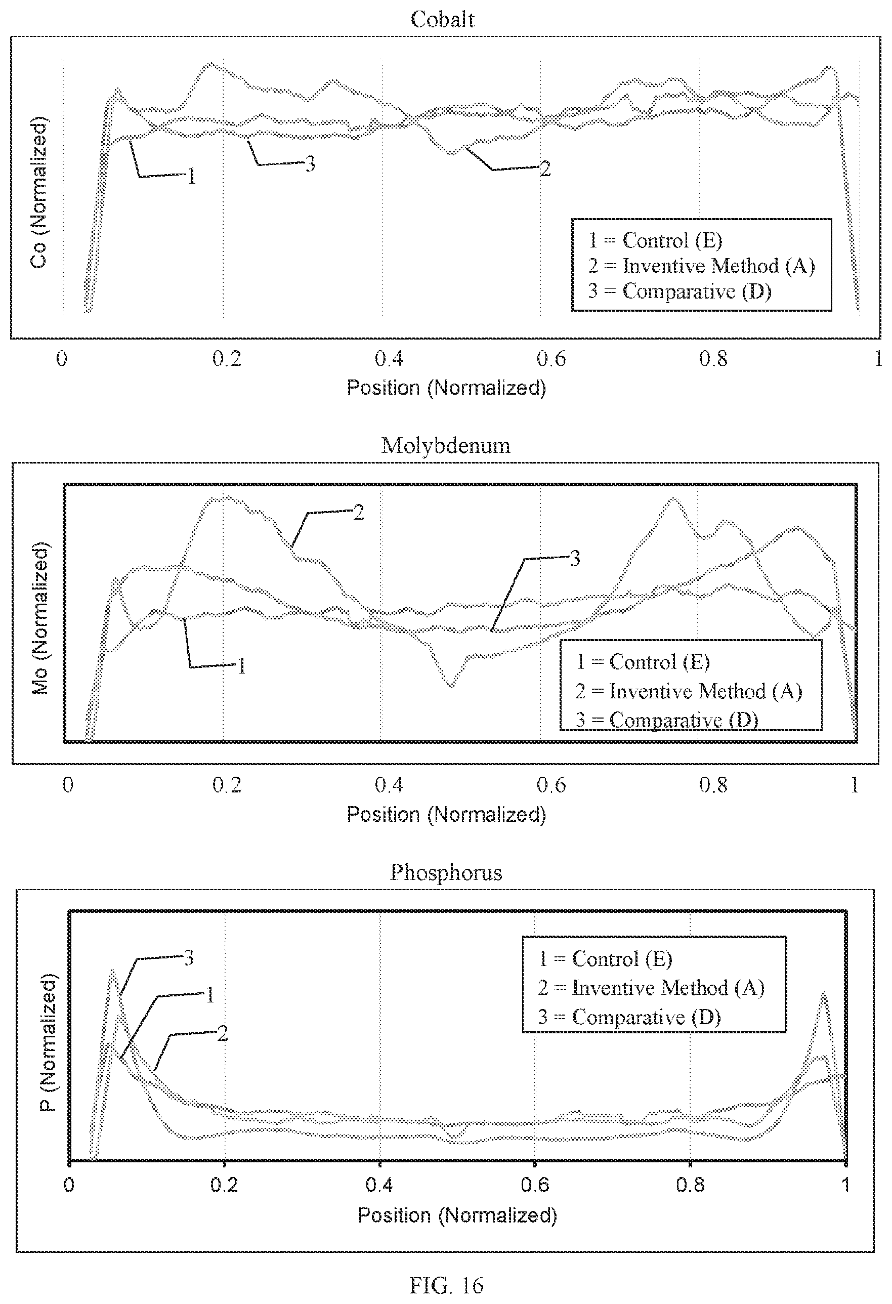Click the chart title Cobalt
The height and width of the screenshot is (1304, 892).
point(443,20)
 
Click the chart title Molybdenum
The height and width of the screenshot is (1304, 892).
point(446,445)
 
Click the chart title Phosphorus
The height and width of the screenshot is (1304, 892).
point(446,872)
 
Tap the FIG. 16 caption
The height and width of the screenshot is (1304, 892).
point(447,1284)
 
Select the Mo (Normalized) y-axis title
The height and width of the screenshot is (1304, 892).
point(40,618)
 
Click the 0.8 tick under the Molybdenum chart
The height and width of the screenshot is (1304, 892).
point(713,785)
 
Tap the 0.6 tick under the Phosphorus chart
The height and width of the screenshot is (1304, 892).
point(535,1185)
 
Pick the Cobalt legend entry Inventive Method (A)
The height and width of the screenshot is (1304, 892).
point(701,265)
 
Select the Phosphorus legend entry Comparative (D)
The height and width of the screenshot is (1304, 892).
point(629,1017)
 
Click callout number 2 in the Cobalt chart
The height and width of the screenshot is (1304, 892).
point(545,169)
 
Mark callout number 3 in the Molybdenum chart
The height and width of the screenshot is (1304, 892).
point(575,558)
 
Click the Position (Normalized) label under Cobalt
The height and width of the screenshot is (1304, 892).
point(446,388)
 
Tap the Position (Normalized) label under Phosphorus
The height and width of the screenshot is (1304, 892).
point(457,1215)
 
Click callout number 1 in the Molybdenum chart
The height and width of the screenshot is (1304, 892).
point(242,666)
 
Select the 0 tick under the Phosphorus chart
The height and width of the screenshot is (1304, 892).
point(69,1185)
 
